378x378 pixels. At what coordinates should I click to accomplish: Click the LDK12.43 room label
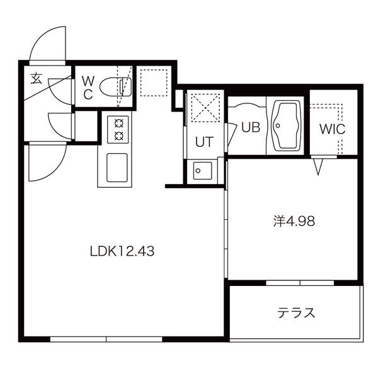tap(122, 251)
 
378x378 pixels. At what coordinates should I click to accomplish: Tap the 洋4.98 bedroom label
tap(294, 221)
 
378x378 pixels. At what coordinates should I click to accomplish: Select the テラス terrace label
tap(296, 313)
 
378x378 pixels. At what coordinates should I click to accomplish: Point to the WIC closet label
tap(332, 129)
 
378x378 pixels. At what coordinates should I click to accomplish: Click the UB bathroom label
tap(251, 127)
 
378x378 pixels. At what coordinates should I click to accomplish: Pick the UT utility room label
tap(204, 142)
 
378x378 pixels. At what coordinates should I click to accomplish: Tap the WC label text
tap(88, 88)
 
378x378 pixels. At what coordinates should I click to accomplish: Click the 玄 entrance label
tap(36, 78)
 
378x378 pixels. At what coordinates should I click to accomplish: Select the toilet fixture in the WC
tap(116, 87)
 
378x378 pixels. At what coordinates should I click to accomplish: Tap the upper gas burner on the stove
tap(118, 124)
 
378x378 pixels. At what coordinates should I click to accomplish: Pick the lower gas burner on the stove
tap(118, 136)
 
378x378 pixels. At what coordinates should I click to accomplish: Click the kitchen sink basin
tap(117, 168)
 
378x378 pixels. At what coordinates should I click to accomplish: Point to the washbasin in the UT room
tap(202, 171)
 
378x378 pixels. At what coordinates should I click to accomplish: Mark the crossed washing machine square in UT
tap(205, 106)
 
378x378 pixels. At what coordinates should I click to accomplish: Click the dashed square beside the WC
tap(154, 83)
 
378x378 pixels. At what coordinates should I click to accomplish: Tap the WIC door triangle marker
tap(318, 166)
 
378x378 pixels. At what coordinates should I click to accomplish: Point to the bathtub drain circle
tap(278, 125)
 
